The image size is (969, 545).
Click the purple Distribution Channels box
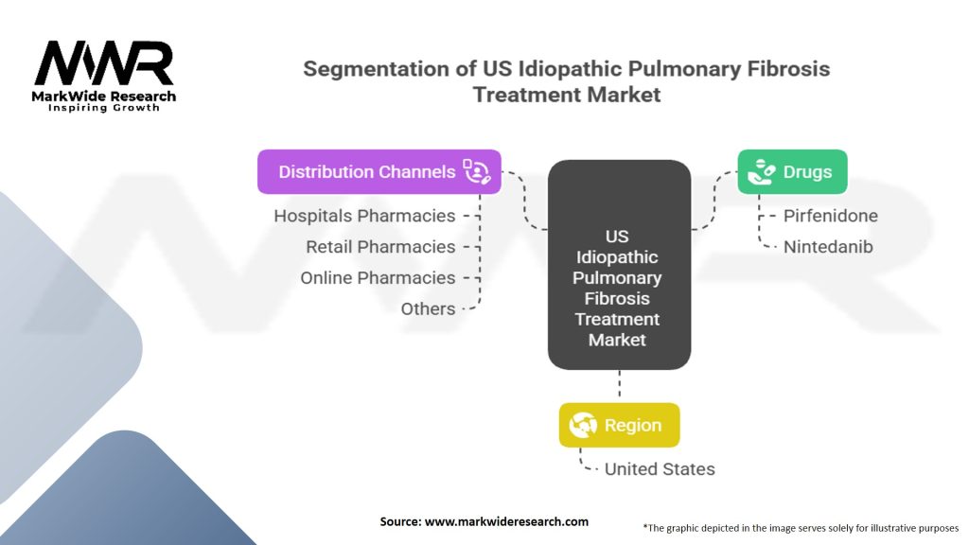click(379, 171)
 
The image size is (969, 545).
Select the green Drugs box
click(792, 171)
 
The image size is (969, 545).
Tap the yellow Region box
click(619, 425)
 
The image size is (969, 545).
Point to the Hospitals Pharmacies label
click(364, 216)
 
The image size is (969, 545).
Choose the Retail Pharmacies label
click(380, 247)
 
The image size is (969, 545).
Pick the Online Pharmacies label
click(378, 278)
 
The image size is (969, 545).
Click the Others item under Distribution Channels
click(428, 308)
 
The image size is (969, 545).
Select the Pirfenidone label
click(830, 216)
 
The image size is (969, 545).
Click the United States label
click(660, 469)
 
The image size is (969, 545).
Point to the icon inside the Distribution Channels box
click(475, 171)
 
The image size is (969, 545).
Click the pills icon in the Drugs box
click(761, 172)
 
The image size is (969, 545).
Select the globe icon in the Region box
click(583, 425)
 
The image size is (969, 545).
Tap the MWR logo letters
click(104, 63)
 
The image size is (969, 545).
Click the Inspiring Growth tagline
click(104, 108)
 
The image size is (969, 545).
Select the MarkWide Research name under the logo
click(104, 96)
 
